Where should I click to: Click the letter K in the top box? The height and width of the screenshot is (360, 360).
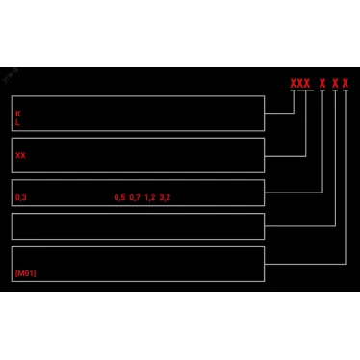tap(17, 114)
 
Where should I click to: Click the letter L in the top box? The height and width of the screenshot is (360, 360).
tap(17, 123)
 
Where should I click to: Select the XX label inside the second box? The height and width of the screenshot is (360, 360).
tap(20, 155)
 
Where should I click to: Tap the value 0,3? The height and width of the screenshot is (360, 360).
tap(20, 197)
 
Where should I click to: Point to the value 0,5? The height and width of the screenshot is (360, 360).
tap(119, 197)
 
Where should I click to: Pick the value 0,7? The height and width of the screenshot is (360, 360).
tap(135, 197)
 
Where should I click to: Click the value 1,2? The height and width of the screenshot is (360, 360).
tap(150, 197)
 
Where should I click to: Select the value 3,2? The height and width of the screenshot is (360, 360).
tap(166, 197)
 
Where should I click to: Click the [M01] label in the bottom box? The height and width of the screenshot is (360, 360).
tap(25, 273)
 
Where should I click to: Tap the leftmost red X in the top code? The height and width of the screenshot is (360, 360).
tap(293, 84)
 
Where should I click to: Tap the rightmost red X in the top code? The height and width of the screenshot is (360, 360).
tap(346, 84)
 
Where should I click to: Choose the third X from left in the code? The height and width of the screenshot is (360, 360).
tap(307, 84)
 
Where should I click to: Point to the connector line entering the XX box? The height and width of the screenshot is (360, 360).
tap(285, 154)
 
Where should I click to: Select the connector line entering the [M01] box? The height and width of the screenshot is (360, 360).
tap(304, 262)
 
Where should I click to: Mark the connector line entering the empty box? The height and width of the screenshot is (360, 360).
tap(299, 225)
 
